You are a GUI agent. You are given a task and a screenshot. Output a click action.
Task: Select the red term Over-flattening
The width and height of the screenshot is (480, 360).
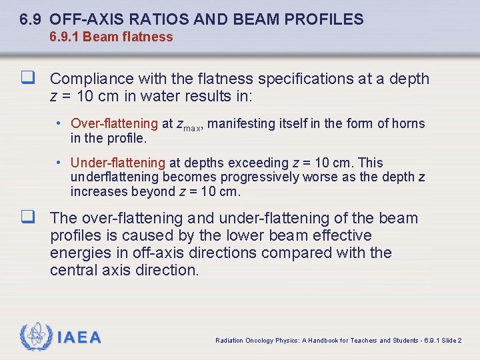(x=114, y=123)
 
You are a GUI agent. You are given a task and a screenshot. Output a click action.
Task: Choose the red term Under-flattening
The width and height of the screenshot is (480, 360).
(x=117, y=163)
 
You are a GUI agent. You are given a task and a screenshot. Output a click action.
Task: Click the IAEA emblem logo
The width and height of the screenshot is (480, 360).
(x=36, y=337)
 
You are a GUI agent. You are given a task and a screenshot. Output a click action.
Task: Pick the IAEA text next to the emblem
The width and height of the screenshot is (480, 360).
(x=79, y=338)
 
